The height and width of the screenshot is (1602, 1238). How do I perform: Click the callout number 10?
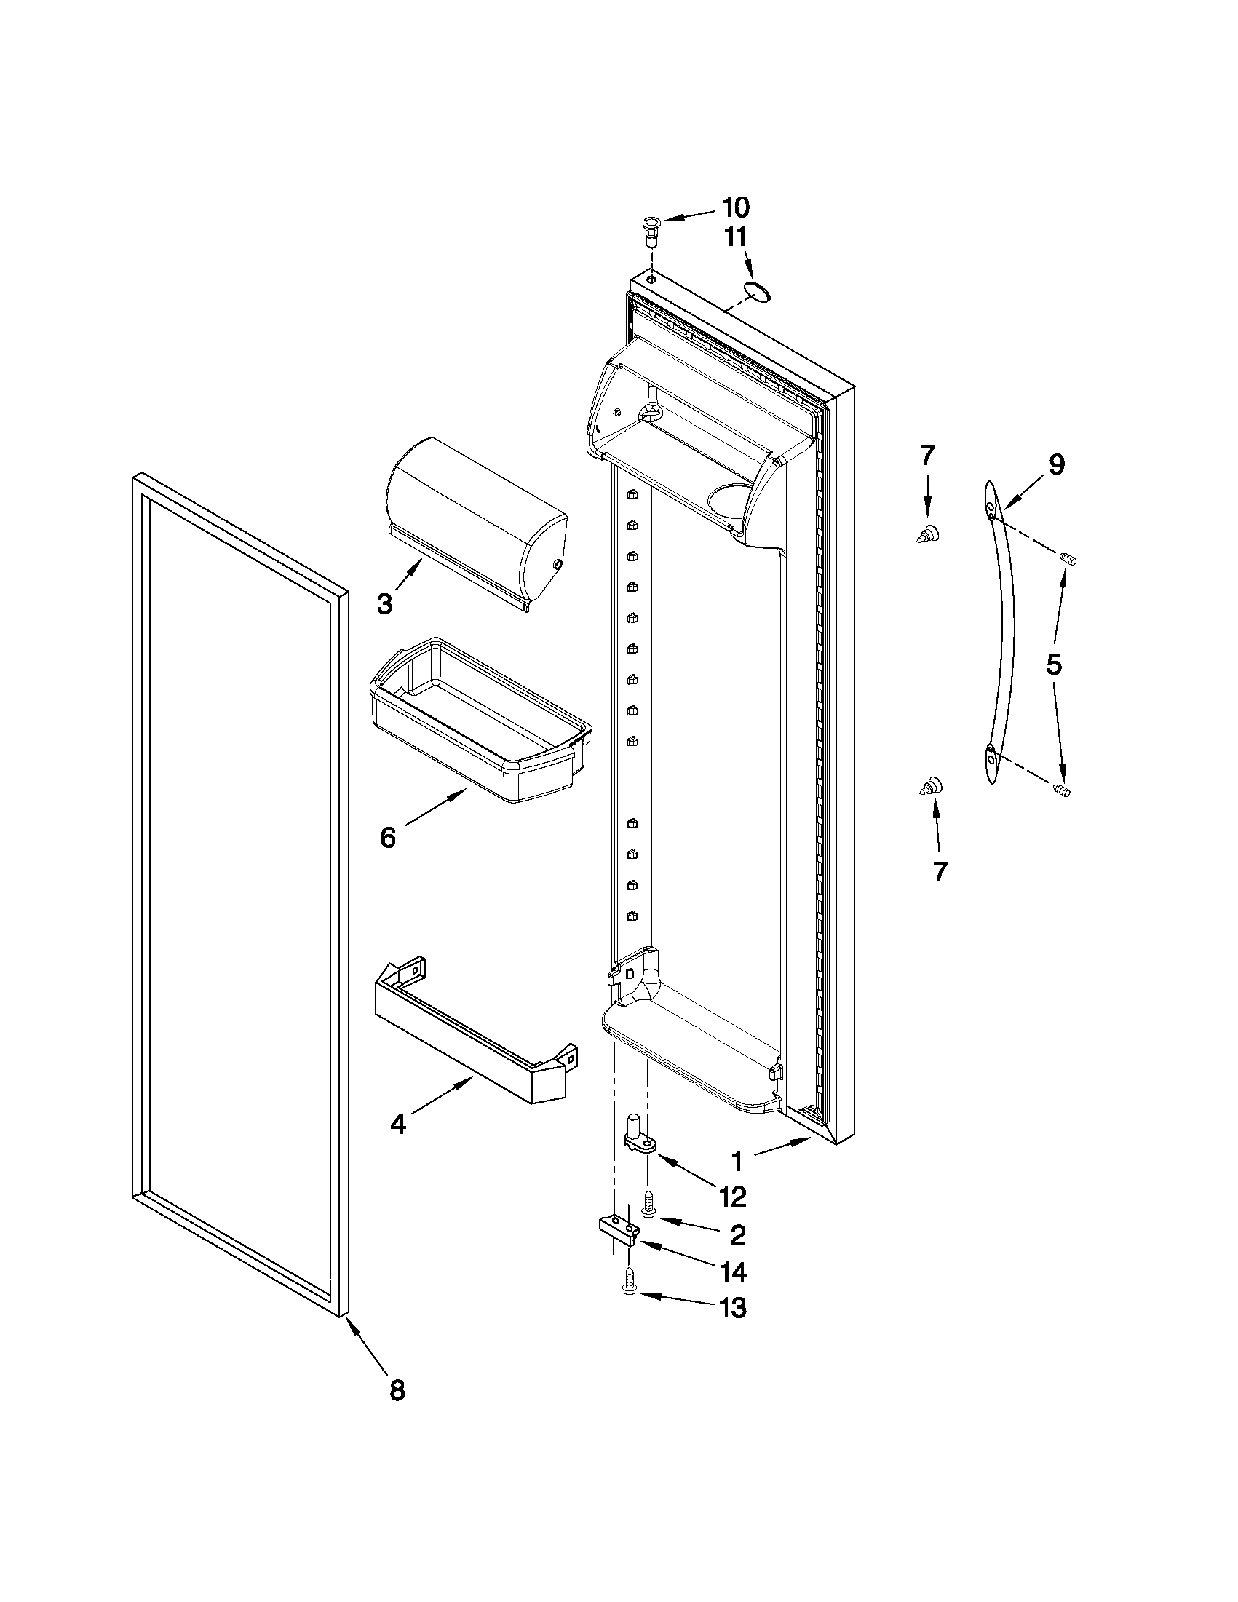(x=735, y=207)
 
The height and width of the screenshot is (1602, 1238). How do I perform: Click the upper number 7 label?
(x=927, y=456)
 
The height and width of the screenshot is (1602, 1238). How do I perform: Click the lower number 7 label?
(x=940, y=871)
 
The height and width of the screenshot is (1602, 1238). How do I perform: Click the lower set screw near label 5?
(x=1062, y=790)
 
